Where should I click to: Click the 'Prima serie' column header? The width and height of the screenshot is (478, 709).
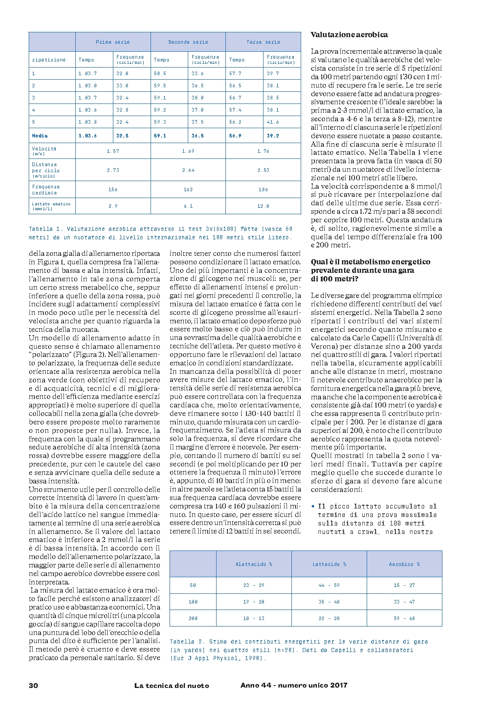coord(113,42)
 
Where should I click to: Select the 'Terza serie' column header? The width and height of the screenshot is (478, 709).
coord(263,42)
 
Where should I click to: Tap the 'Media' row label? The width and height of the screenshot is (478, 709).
coord(40,136)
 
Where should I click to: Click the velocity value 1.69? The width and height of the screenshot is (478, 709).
coord(188,151)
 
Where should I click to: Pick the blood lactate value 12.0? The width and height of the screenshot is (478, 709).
coord(263,206)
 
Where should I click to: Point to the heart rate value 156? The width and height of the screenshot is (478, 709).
coord(113,190)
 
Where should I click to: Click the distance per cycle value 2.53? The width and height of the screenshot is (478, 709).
coord(263,170)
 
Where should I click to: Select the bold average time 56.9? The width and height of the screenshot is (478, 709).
coord(235,136)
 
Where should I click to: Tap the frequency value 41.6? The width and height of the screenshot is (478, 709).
coord(273,122)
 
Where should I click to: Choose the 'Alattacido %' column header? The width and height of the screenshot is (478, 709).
coord(254,564)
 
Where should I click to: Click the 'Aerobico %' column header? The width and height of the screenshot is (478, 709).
coord(404,564)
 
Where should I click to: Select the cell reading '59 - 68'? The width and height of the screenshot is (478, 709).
coord(404,618)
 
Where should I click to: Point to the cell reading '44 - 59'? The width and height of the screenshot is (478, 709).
coord(329,585)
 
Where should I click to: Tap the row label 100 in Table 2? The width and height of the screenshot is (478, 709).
coord(193,602)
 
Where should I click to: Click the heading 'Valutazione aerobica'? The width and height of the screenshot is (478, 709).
coord(349,35)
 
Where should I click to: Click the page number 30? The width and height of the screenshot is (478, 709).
coord(34,686)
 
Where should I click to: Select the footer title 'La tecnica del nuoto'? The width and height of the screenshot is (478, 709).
coord(172,686)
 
